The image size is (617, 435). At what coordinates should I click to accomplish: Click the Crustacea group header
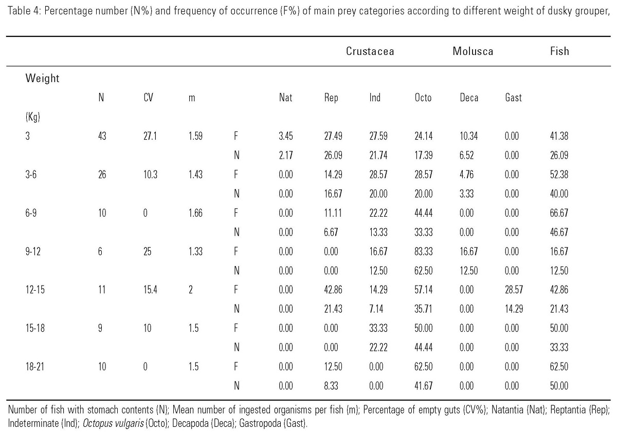370,51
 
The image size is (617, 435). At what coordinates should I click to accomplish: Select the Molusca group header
473,51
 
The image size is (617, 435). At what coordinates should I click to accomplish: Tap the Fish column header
559,51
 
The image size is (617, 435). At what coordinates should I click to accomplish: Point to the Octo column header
423,98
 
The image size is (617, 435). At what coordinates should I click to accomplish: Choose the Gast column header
513,98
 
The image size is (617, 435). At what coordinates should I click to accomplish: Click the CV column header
148,98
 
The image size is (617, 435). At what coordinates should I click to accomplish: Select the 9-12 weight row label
33,252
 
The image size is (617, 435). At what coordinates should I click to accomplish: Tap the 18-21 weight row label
35,367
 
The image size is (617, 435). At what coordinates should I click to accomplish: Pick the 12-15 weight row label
35,290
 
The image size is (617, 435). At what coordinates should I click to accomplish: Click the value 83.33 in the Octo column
424,252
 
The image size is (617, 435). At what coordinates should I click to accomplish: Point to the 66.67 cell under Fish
559,213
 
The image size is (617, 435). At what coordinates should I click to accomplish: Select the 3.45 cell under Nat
285,137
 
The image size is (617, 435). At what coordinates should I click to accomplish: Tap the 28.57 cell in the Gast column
513,290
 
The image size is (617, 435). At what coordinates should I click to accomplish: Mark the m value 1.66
195,213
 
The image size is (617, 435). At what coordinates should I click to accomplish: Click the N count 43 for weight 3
102,137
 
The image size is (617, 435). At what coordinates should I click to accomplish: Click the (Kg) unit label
32,117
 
